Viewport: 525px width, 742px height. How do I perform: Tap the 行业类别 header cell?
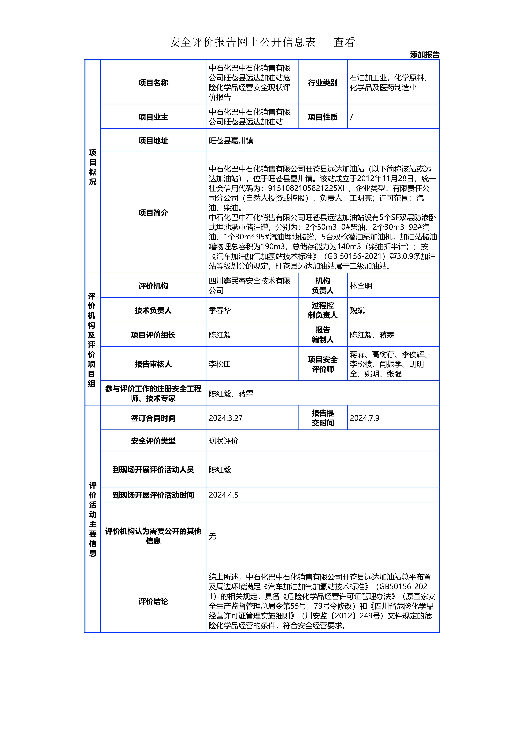coord(323,83)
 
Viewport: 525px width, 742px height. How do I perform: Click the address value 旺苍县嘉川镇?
coord(231,141)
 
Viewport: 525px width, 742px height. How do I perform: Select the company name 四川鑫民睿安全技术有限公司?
coord(249,286)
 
